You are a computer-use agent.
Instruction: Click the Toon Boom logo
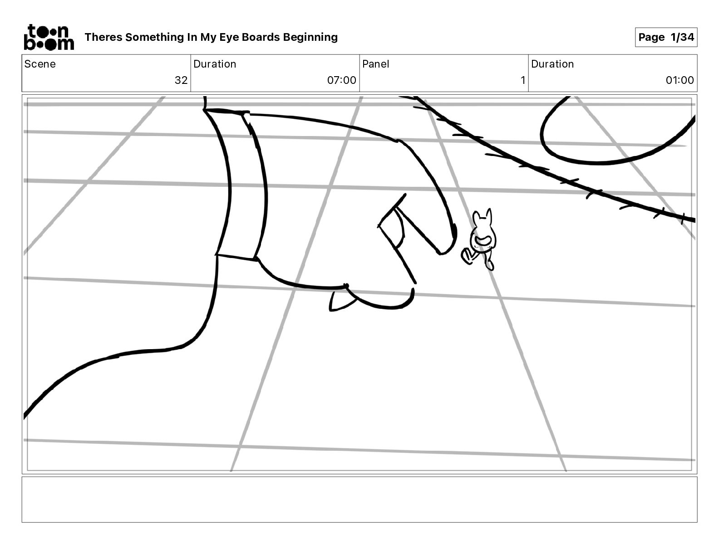pos(49,37)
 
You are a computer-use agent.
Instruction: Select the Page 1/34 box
pos(666,37)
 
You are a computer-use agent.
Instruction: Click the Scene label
pos(40,64)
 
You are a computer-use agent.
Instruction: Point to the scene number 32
pos(181,80)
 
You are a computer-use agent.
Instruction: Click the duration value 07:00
pos(341,80)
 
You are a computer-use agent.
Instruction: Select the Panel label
pos(375,64)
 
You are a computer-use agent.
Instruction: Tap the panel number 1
pos(522,80)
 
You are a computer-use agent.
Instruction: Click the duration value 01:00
pos(680,80)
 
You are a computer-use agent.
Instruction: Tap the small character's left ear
pos(477,219)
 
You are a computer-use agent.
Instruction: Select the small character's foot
pos(490,264)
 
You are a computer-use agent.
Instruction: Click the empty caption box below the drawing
pos(359,499)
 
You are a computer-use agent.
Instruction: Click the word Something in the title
pos(154,37)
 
